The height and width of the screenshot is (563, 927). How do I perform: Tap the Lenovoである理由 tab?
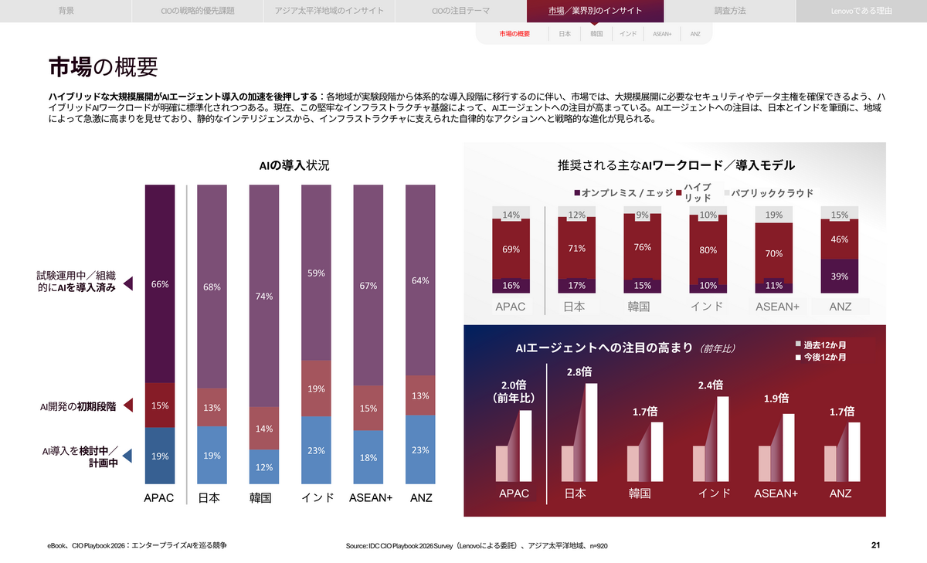pos(861,11)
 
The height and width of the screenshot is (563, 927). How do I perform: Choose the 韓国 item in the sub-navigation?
pos(596,34)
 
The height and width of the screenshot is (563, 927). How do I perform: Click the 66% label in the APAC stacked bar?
pos(160,284)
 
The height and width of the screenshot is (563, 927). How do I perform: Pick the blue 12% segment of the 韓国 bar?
pos(263,466)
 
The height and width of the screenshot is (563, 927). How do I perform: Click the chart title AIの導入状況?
pos(294,165)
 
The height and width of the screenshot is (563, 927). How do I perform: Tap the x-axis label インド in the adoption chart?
pos(317,498)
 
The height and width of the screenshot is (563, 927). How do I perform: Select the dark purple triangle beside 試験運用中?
pos(129,283)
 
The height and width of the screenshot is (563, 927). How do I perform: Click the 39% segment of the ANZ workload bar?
pos(840,276)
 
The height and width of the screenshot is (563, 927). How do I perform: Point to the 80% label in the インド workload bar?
pos(708,249)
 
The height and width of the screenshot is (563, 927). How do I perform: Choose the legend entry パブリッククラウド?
pos(772,193)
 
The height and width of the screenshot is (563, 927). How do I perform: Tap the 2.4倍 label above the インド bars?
pos(711,385)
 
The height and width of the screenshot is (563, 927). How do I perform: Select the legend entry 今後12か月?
pos(824,358)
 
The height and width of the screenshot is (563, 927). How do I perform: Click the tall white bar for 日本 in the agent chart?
pos(591,432)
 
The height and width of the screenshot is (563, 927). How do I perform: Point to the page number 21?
pos(875,546)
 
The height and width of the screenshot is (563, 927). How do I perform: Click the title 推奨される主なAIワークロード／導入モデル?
pos(676,165)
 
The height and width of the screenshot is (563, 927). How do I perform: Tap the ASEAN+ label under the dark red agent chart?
pos(776,493)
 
